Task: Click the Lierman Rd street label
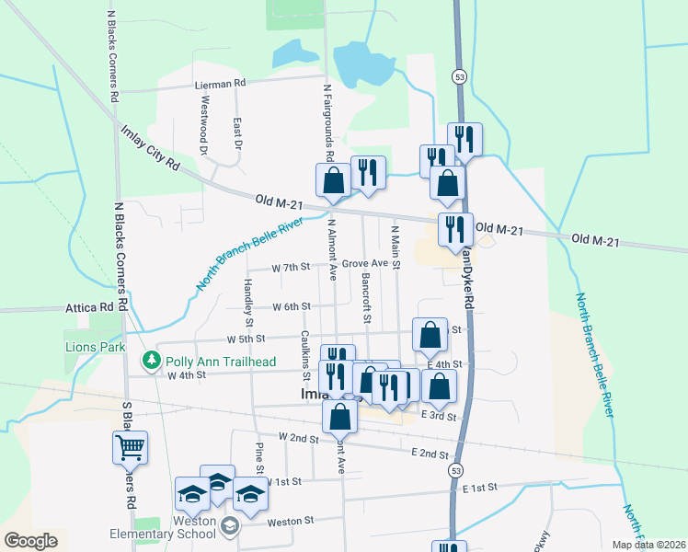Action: tap(221, 83)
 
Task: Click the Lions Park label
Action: tap(95, 348)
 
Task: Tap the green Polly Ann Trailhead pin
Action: tap(147, 359)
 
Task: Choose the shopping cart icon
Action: tap(130, 448)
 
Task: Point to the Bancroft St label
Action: tap(365, 299)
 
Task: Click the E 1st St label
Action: tap(480, 488)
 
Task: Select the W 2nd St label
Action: tap(296, 437)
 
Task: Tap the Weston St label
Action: tap(291, 521)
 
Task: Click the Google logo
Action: tap(30, 541)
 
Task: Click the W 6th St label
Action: tap(293, 305)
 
